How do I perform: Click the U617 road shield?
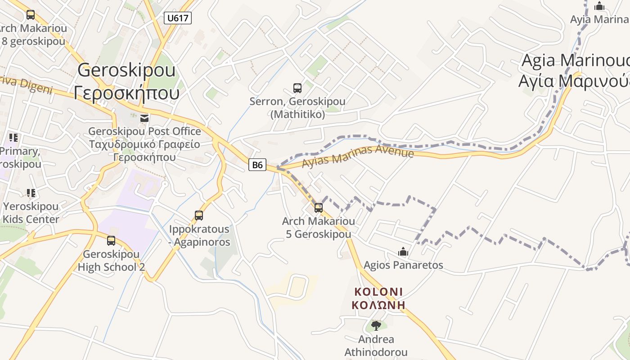[x=178, y=18]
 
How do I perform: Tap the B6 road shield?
[x=257, y=165]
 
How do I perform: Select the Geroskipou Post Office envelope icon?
[x=144, y=118]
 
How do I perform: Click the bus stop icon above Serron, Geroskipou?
[x=297, y=88]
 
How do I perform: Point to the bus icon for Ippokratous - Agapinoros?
[x=199, y=215]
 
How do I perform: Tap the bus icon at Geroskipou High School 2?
[x=111, y=241]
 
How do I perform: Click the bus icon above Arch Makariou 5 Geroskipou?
[x=319, y=207]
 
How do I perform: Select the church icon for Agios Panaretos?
[x=403, y=251]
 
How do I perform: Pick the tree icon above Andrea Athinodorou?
[x=376, y=325]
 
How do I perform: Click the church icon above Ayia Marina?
[x=599, y=6]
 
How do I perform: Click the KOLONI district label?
[x=378, y=292]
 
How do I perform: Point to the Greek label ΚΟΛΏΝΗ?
[x=378, y=305]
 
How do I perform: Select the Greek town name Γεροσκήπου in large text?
[x=126, y=93]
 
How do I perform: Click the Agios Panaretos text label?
[x=403, y=265]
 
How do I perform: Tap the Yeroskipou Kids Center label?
[x=31, y=213]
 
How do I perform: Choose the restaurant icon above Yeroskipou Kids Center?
[x=31, y=193]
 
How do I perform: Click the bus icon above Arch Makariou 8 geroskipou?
[x=31, y=15]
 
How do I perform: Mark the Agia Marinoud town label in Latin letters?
[x=575, y=60]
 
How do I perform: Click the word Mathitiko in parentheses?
[x=297, y=114]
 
